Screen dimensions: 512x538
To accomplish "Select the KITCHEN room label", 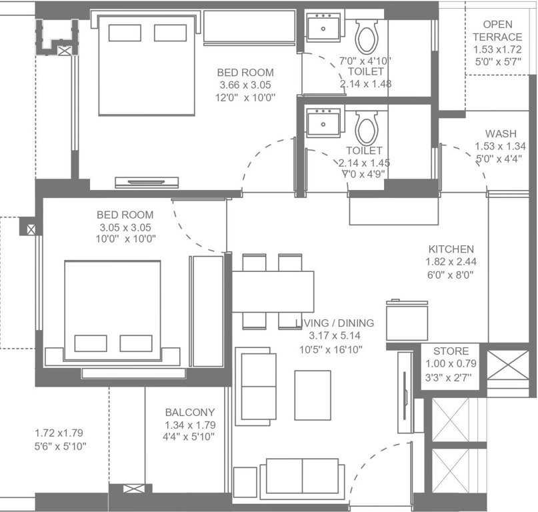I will [x=451, y=249].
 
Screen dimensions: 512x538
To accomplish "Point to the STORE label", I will [x=451, y=351].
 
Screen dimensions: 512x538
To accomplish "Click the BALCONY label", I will [x=190, y=413].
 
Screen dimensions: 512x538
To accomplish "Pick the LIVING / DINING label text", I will [x=335, y=323].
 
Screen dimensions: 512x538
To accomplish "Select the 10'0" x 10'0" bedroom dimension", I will [x=125, y=239].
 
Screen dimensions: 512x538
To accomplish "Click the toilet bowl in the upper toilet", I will [x=366, y=36].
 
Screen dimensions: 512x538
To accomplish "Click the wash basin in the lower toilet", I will [x=323, y=123].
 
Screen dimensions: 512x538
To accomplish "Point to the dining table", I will [x=273, y=291].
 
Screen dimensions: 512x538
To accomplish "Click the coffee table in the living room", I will [x=312, y=395].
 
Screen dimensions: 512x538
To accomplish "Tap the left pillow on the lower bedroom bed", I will [x=91, y=343].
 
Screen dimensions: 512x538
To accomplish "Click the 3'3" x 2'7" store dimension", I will [x=451, y=377].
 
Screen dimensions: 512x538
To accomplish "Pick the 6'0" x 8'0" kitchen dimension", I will [x=451, y=274].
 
